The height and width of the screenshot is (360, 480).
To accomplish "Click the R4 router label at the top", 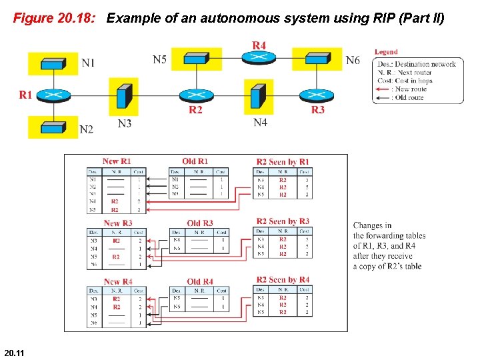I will pos(259,45).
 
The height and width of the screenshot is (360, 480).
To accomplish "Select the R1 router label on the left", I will pos(25,95).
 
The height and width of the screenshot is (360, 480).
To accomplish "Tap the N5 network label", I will pos(160,60).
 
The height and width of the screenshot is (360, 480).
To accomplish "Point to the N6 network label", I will pos(353,61).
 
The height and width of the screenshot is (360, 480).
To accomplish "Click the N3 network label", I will pos(125,123).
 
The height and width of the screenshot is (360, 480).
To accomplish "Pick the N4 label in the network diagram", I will pos(261,123).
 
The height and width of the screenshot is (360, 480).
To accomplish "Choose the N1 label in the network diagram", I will pos(88,63).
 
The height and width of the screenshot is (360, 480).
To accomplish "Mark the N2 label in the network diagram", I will pos(86,129).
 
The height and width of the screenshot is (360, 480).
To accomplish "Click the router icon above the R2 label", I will pos(195,94).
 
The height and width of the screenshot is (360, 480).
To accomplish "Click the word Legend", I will pos(386,52).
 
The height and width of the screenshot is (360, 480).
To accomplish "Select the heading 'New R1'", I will pos(117,161).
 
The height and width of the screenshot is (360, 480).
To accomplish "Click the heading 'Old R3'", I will pos(199,223).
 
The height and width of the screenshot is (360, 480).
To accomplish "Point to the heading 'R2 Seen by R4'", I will pos(283,280).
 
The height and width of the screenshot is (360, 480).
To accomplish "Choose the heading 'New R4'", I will pos(118,281).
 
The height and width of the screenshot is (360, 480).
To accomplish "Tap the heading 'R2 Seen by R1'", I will pos(283,162).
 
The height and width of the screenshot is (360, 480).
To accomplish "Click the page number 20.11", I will pos(14,352).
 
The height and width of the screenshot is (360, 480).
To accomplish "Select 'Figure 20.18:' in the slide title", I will pos(55,18).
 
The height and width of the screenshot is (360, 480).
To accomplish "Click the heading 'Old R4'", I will pos(200,281).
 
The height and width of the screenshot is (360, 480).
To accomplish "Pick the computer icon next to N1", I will pos(53,63).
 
